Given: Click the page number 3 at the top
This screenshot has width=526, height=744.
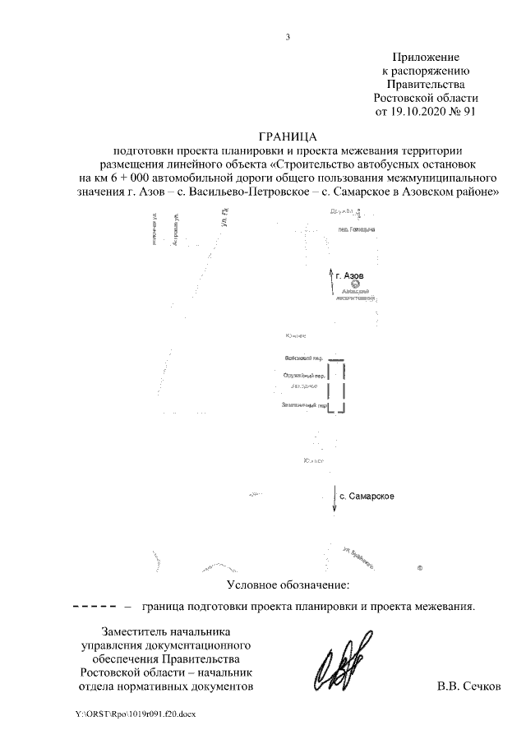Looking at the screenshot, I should pyautogui.click(x=288, y=36).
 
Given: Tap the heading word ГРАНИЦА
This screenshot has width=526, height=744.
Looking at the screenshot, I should pyautogui.click(x=288, y=136).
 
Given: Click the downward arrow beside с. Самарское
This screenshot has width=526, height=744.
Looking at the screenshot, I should pyautogui.click(x=334, y=499).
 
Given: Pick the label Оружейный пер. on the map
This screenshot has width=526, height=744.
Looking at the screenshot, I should pyautogui.click(x=301, y=376).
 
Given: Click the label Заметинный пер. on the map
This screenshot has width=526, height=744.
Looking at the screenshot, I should pyautogui.click(x=302, y=405).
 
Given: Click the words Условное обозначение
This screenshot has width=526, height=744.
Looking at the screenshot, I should pyautogui.click(x=288, y=585).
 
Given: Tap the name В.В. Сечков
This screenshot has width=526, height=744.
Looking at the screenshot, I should pyautogui.click(x=468, y=686).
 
